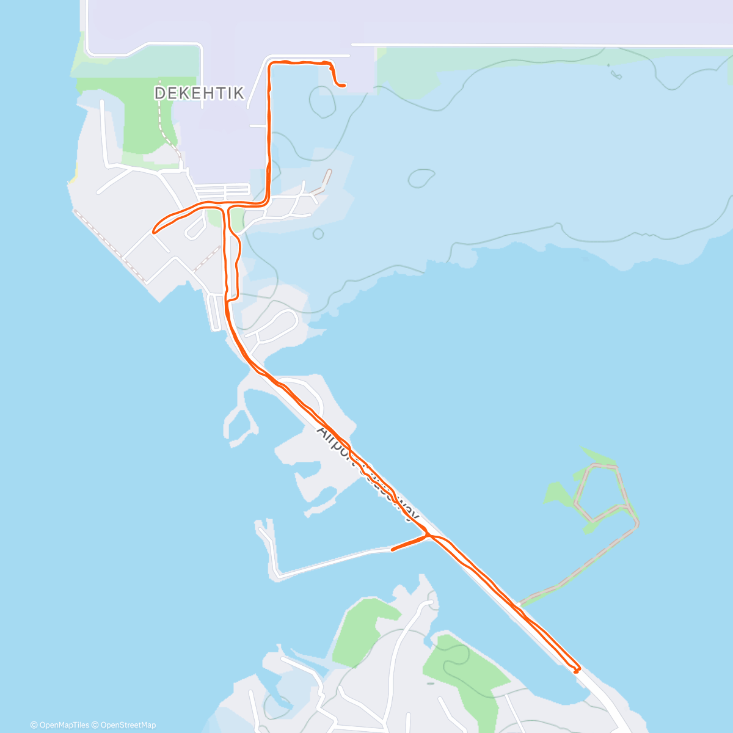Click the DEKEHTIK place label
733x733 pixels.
click(199, 93)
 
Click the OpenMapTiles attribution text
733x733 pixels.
click(59, 725)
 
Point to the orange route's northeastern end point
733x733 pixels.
click(345, 86)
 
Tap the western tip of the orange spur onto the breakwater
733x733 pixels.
click(392, 550)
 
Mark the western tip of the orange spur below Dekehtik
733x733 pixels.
click(154, 232)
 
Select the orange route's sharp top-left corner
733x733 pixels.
click(269, 63)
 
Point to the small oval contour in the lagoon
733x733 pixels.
click(421, 178)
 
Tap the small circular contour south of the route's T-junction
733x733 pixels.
click(318, 233)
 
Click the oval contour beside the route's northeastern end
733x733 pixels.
click(322, 101)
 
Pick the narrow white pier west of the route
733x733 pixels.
click(216, 312)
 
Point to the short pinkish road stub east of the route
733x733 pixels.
click(327, 177)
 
